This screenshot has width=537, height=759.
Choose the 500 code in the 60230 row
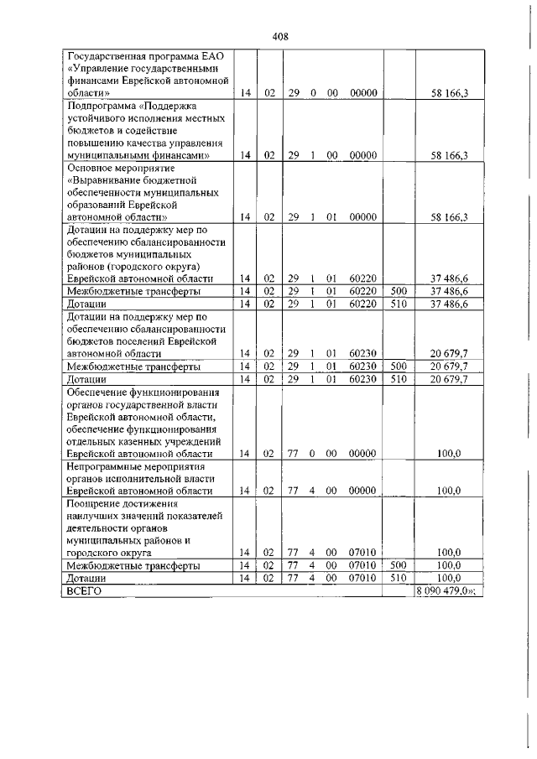click(x=399, y=367)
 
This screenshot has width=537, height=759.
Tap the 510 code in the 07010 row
click(x=399, y=578)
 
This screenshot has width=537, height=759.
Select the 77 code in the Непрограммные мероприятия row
click(x=294, y=491)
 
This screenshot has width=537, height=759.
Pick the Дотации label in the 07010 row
click(x=86, y=578)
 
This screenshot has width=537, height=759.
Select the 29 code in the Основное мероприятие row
click(x=294, y=217)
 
